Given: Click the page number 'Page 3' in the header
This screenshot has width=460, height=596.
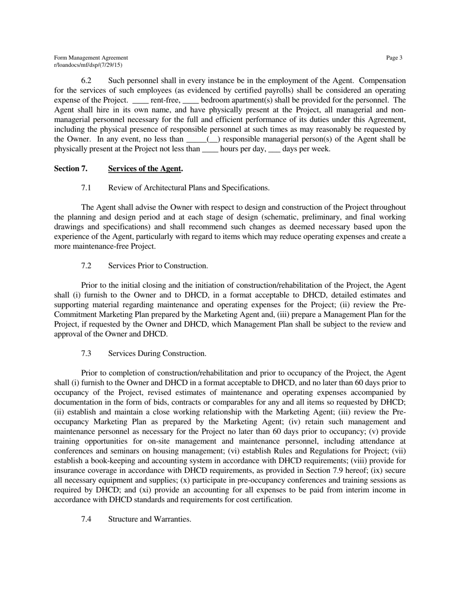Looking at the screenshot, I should coord(394,58).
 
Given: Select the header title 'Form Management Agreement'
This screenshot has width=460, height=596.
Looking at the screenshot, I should coord(91,58).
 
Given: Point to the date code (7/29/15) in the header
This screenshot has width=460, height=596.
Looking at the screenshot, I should coord(111,65).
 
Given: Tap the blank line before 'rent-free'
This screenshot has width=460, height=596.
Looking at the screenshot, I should coord(140,101).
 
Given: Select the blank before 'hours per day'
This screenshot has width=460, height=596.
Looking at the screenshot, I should coord(210,149).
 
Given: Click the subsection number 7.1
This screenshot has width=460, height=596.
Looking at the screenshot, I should coord(86,188).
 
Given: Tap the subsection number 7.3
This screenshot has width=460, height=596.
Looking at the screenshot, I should coord(86,354).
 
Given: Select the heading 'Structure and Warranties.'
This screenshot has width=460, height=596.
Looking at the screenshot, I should coord(150,519).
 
